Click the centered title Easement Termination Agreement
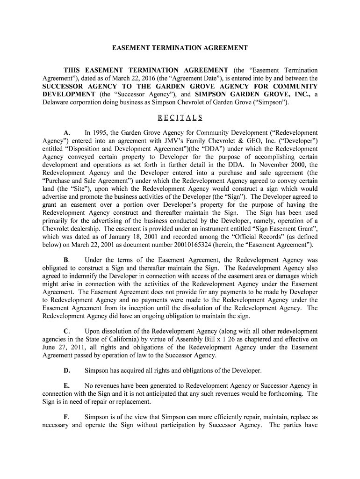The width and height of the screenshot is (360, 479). [180, 48]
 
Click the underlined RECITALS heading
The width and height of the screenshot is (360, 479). [180, 117]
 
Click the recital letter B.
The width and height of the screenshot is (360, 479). [66, 260]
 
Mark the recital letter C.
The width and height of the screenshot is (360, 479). [67, 331]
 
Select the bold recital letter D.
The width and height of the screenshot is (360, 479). [67, 370]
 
